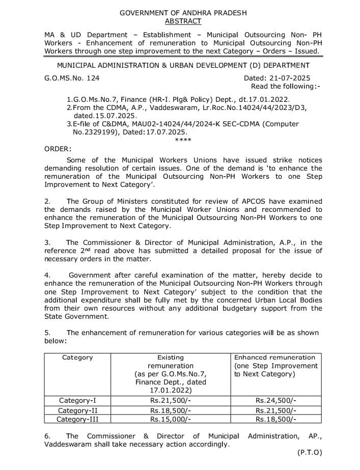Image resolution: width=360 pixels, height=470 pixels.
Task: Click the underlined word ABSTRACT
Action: (x=183, y=21)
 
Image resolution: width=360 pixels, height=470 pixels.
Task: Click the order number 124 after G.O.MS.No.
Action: (x=93, y=78)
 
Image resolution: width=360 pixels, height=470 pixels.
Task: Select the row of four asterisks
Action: (x=183, y=140)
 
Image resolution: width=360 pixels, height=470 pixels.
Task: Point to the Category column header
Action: (x=77, y=357)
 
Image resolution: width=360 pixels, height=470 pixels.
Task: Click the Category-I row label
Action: (x=77, y=401)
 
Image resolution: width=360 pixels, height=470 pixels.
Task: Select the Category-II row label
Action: (x=77, y=410)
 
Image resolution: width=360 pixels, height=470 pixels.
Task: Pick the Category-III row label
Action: (x=77, y=420)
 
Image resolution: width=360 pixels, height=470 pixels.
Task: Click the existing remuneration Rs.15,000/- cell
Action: (x=170, y=420)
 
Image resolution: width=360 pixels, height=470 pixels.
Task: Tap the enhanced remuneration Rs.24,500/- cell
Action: (x=275, y=401)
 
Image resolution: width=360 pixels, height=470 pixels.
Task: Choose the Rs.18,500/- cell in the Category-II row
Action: (x=170, y=410)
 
